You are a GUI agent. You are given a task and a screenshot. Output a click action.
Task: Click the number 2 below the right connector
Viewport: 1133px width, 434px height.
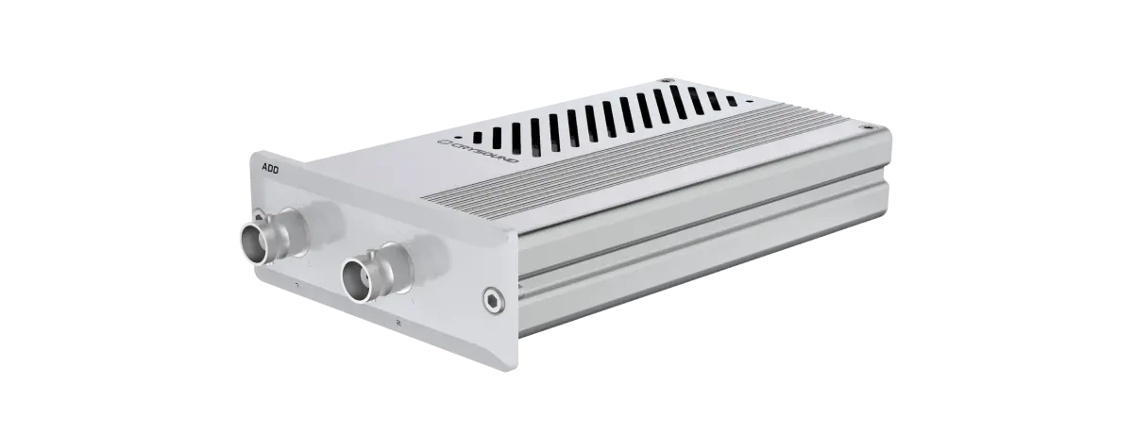400,323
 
